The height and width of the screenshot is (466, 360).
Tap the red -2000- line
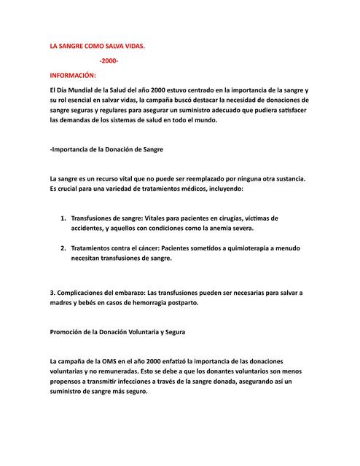[109, 60]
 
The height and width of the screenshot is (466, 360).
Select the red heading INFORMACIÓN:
[73, 74]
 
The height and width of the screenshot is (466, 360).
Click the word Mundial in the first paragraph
[85, 89]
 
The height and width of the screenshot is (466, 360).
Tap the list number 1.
[63, 218]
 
